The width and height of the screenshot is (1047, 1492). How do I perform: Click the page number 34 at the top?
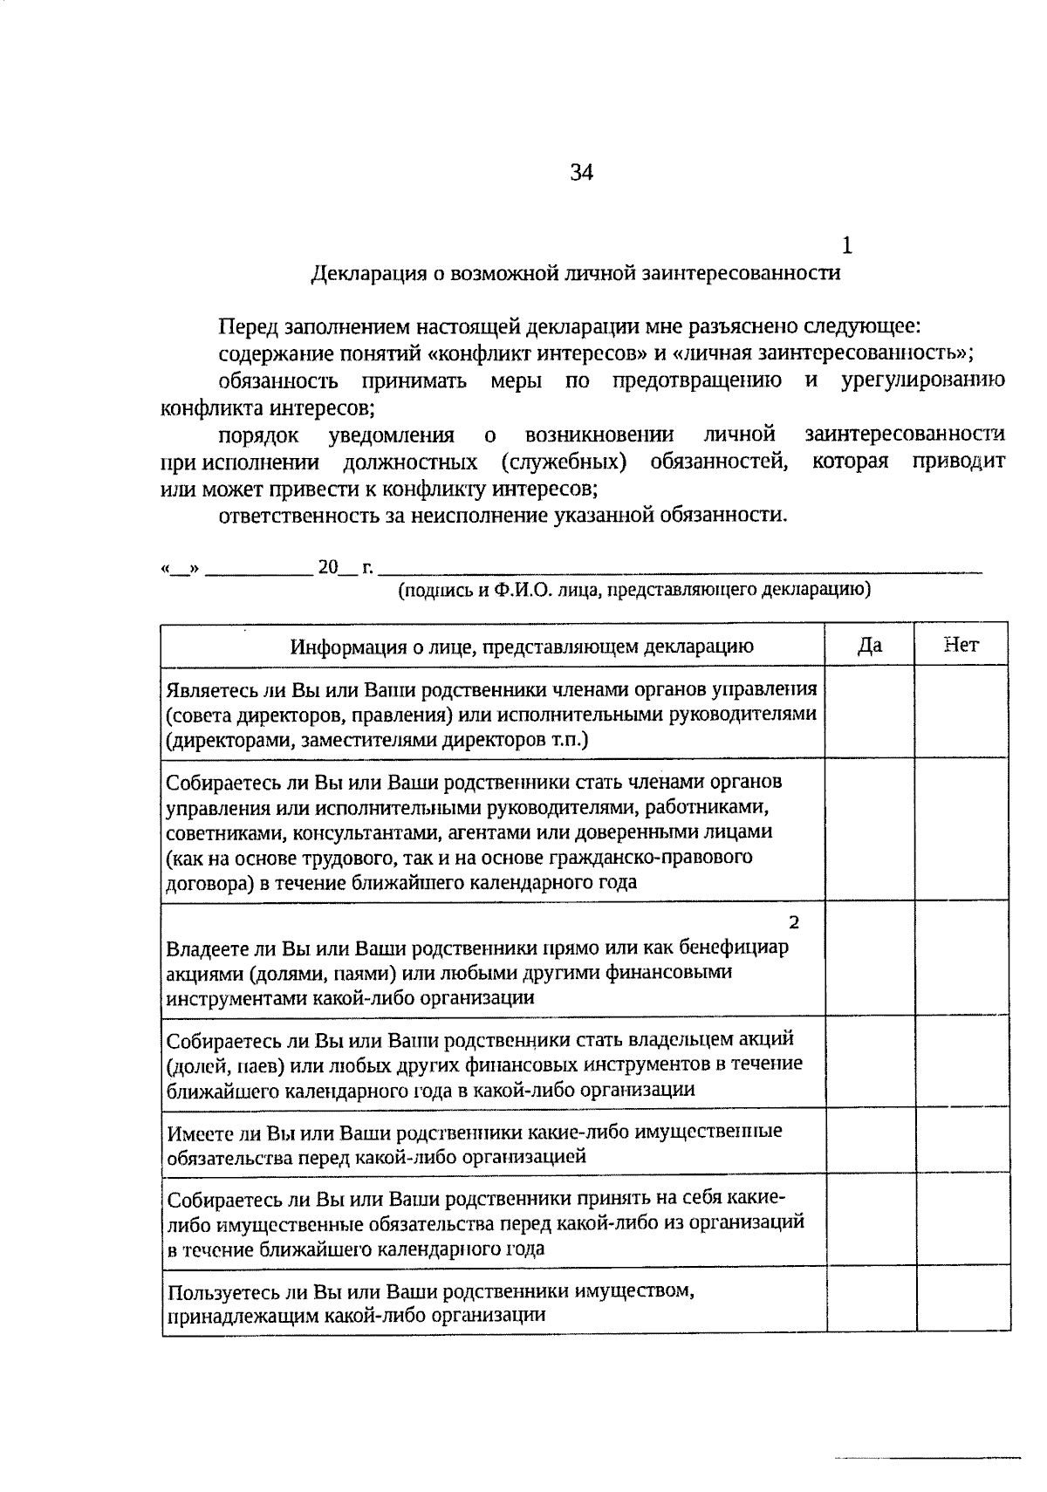coord(582,173)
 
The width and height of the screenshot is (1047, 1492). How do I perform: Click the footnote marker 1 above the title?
coord(846,246)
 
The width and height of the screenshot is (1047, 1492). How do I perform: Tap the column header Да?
coord(870,645)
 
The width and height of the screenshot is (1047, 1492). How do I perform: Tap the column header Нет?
coord(961,645)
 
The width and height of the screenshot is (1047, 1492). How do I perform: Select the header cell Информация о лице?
coord(522,647)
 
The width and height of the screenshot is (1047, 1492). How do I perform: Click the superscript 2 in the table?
coord(793,922)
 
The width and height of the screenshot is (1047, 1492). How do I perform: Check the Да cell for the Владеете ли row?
coord(870,958)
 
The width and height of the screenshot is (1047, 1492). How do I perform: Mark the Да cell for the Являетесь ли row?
coord(870,713)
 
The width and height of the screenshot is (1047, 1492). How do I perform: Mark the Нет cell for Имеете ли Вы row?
coord(962,1141)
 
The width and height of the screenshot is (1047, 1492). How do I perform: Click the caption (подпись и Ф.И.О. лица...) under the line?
coord(634,590)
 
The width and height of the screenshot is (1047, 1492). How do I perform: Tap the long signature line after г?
coord(681,571)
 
